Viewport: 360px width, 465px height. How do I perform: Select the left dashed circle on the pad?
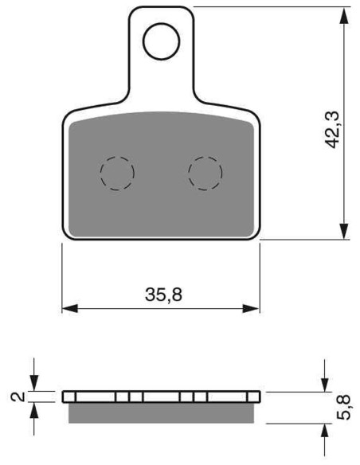coord(100,174)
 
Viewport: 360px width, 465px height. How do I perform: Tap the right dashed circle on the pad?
coord(188,174)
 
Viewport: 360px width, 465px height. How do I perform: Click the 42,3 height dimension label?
coord(332,130)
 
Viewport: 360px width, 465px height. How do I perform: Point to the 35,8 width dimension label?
coord(163,295)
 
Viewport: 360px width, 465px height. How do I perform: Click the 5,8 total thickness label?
coord(344,407)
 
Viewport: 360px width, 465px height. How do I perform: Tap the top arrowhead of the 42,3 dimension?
coord(344,15)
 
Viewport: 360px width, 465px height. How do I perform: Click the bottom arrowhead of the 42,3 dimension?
coord(344,231)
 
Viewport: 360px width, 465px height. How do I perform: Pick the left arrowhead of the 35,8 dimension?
coord(70,308)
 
